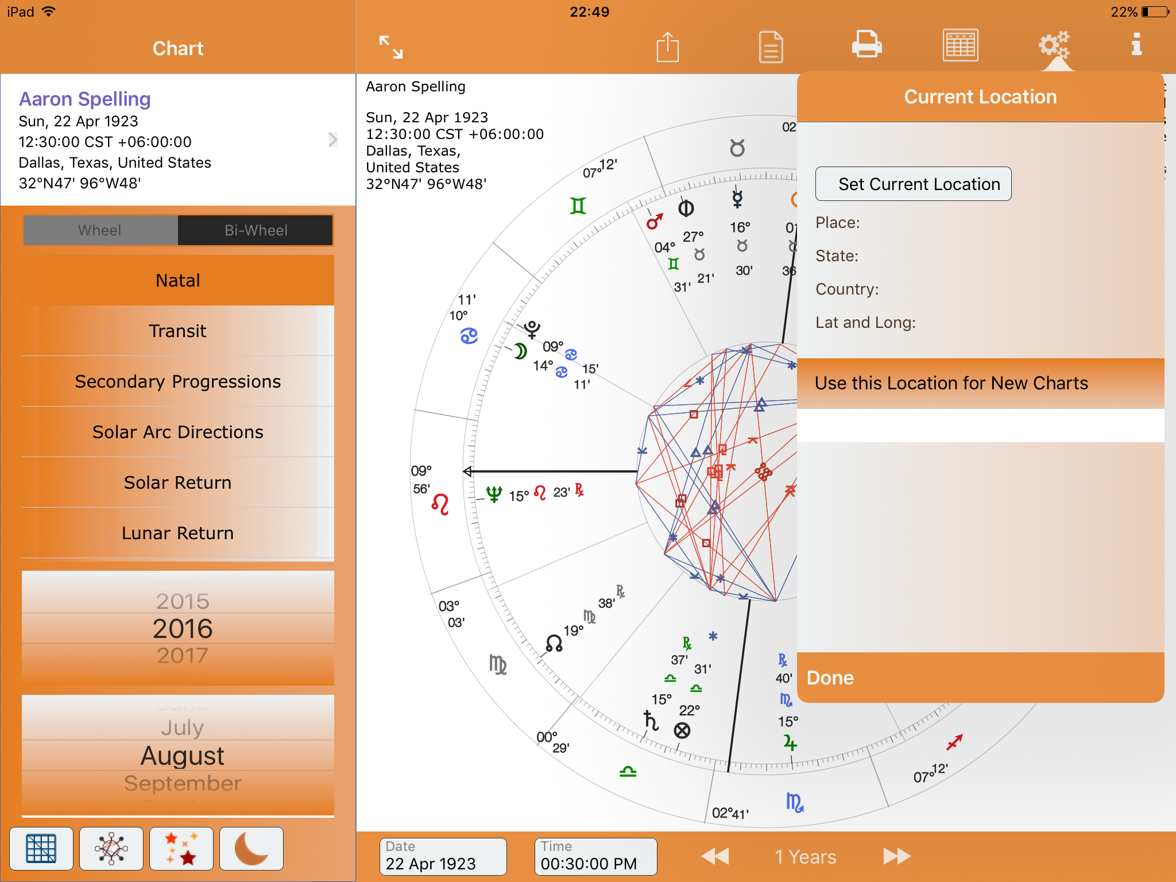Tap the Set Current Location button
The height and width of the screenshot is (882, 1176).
pyautogui.click(x=913, y=184)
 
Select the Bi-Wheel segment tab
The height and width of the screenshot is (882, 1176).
pyautogui.click(x=256, y=230)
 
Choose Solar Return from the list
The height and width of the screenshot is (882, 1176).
pyautogui.click(x=178, y=482)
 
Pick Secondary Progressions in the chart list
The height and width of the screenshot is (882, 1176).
pyautogui.click(x=178, y=381)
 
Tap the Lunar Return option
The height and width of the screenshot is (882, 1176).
pyautogui.click(x=178, y=533)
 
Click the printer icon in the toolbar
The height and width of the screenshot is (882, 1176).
pyautogui.click(x=866, y=45)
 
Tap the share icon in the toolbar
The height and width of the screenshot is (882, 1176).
pyautogui.click(x=667, y=46)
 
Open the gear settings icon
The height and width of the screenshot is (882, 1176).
pyautogui.click(x=1054, y=45)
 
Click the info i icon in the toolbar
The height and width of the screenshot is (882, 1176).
pyautogui.click(x=1136, y=45)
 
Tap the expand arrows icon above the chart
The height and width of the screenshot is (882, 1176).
pyautogui.click(x=391, y=47)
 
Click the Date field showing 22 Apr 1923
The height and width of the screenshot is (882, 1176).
pyautogui.click(x=443, y=857)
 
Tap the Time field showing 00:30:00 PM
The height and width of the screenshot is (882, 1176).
pyautogui.click(x=595, y=857)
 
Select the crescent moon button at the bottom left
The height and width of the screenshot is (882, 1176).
pyautogui.click(x=252, y=849)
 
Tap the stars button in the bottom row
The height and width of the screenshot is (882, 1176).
pyautogui.click(x=181, y=849)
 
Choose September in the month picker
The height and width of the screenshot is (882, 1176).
pyautogui.click(x=183, y=783)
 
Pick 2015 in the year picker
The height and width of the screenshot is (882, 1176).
pyautogui.click(x=183, y=601)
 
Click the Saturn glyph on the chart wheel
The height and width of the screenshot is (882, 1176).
pyautogui.click(x=651, y=720)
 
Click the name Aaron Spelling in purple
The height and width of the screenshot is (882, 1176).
pyautogui.click(x=85, y=99)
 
